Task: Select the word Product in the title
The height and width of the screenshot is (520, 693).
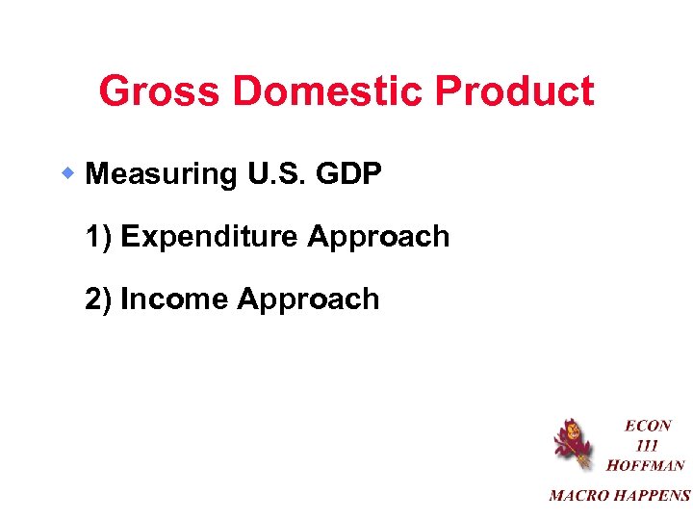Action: (515, 92)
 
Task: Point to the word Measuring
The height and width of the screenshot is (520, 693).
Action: (162, 174)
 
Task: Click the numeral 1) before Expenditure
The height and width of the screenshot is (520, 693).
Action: (99, 237)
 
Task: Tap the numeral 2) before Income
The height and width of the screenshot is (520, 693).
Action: (99, 299)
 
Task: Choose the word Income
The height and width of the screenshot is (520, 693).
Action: (174, 299)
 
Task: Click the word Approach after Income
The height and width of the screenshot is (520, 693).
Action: (308, 299)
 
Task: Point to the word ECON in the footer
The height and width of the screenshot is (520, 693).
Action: (648, 425)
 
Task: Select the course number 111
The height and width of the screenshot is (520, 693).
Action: (647, 445)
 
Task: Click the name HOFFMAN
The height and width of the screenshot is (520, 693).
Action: (646, 465)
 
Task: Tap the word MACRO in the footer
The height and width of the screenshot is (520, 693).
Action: (578, 496)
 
